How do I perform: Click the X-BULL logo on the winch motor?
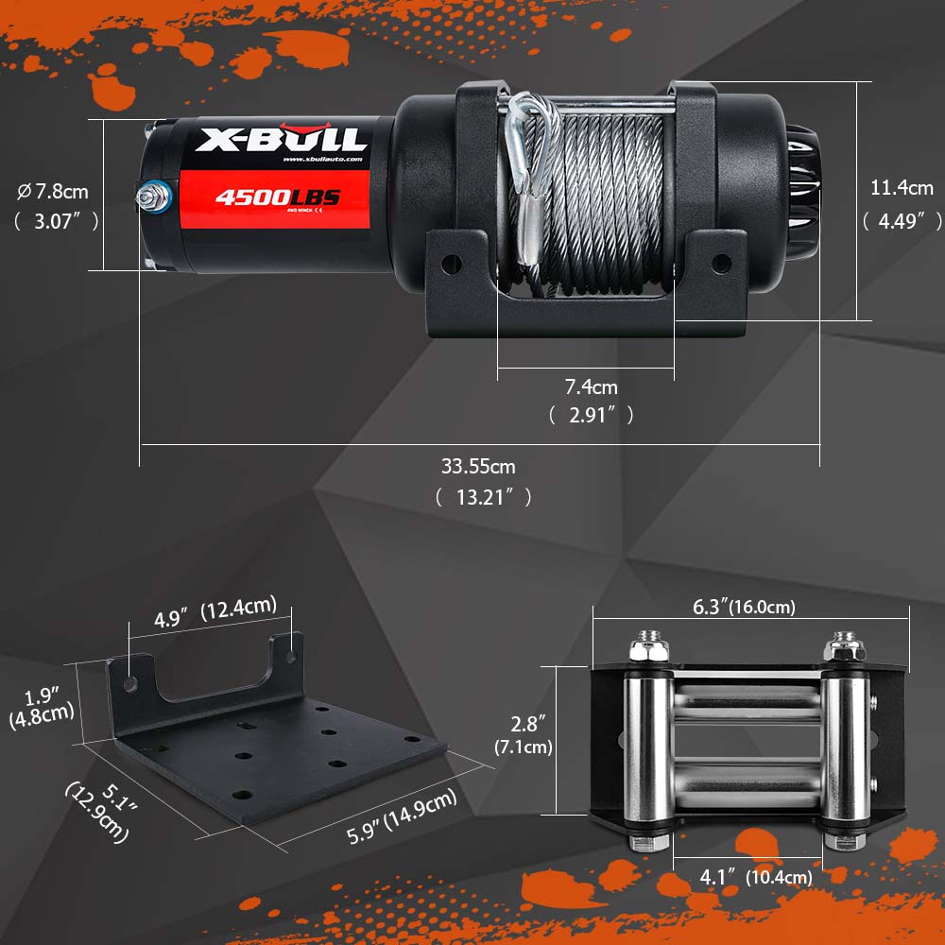[x=281, y=140]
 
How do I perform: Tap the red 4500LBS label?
[x=277, y=198]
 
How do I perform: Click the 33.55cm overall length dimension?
[x=479, y=466]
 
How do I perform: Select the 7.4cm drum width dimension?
[x=591, y=387]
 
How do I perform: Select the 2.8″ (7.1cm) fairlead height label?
[x=524, y=737]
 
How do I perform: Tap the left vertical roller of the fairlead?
[x=649, y=747]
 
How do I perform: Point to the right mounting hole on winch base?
[x=720, y=261]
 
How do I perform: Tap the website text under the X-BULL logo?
[x=322, y=160]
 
